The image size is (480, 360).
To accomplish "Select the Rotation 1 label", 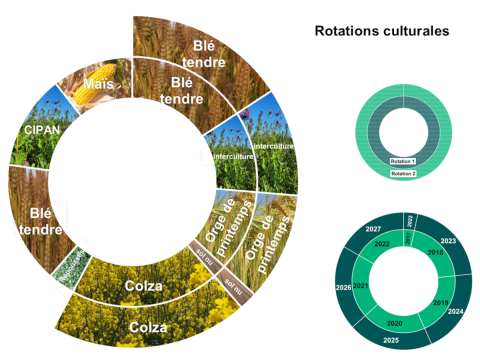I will [402, 161].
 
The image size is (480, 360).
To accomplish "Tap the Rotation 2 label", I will [402, 174].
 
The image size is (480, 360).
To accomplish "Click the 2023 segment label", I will [447, 241].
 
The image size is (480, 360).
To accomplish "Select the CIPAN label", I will [33, 130].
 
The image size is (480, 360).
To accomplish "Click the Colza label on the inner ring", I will [143, 287].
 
